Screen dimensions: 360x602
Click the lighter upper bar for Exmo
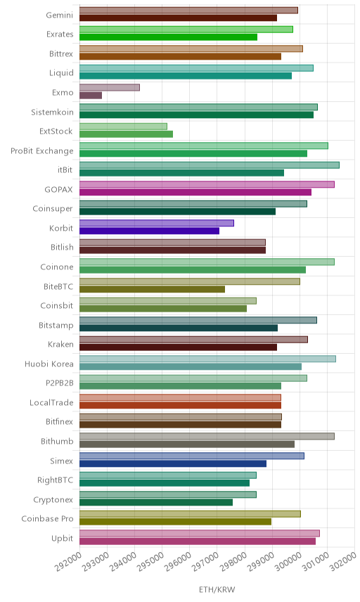tap(110, 87)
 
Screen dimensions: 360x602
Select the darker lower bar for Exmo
tap(91, 95)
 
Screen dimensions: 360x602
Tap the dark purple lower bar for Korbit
tap(149, 231)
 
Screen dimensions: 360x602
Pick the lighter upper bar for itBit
tap(209, 165)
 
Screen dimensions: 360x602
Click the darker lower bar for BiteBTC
tap(152, 289)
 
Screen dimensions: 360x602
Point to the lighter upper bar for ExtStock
tap(123, 127)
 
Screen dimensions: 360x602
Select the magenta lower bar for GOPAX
tap(195, 192)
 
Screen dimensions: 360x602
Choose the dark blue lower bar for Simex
tap(173, 463)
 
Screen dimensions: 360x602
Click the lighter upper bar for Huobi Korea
tap(207, 359)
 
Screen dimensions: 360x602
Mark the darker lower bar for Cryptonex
tap(156, 502)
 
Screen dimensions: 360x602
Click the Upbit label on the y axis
tap(62, 538)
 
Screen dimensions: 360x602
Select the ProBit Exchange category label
tap(41, 151)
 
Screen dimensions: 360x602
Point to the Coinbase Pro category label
tap(47, 519)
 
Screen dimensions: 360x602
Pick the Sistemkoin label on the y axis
tap(52, 112)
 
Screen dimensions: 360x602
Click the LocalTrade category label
tap(51, 402)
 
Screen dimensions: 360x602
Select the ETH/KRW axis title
tap(217, 590)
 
